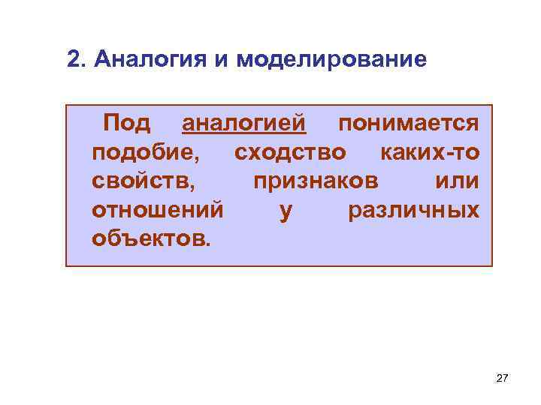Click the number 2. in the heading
[75, 58]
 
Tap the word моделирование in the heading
[331, 58]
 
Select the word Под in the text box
[126, 122]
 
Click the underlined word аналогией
[244, 122]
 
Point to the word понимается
[408, 122]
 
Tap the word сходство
[290, 152]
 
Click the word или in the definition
[457, 181]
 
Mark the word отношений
[157, 211]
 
